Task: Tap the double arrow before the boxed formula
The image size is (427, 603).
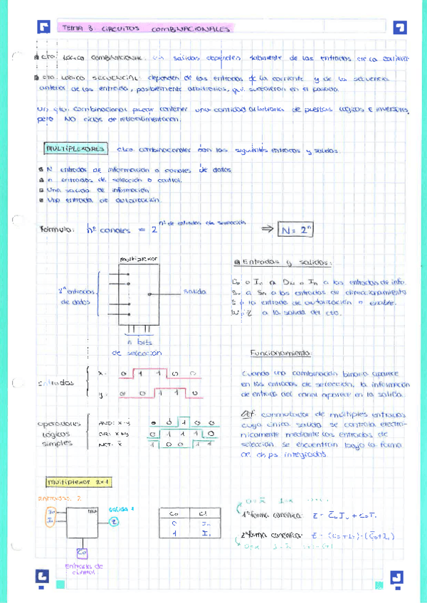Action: pyautogui.click(x=267, y=229)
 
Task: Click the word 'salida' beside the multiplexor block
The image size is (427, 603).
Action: pyautogui.click(x=194, y=292)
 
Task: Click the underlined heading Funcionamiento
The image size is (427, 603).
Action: pyautogui.click(x=280, y=353)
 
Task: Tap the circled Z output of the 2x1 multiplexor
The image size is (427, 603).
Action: pyautogui.click(x=115, y=521)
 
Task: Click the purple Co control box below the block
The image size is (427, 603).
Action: pyautogui.click(x=80, y=552)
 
